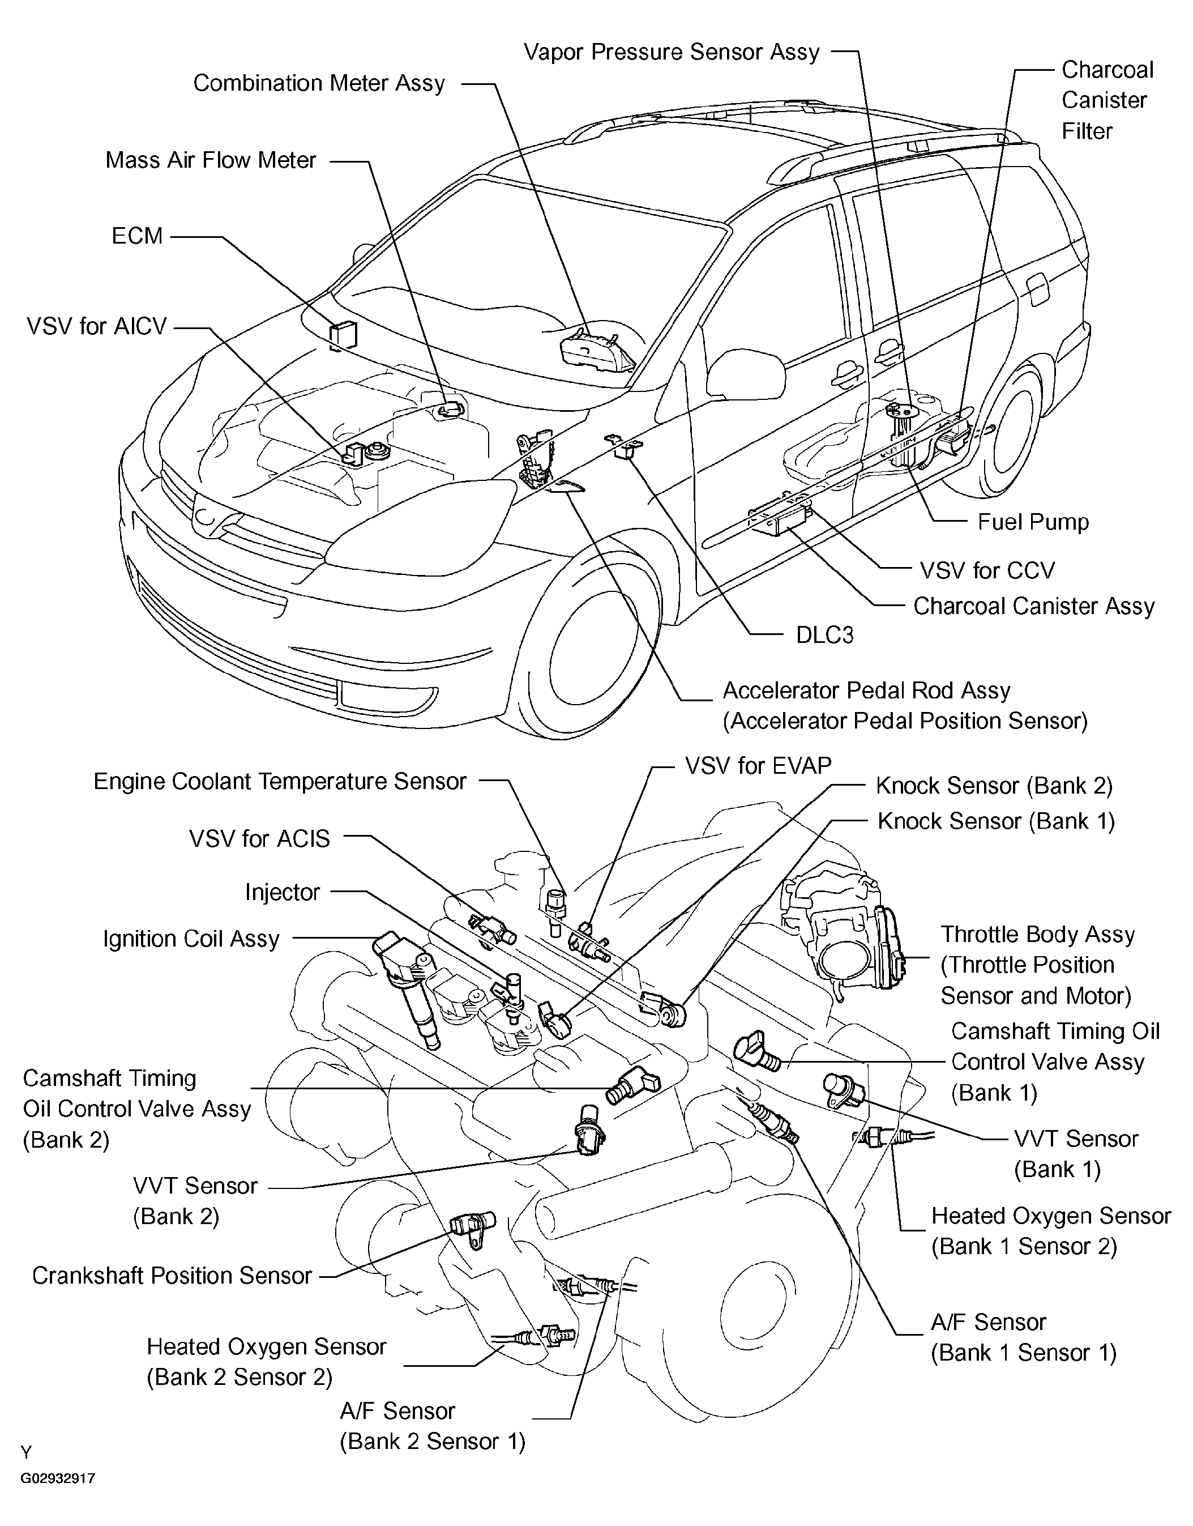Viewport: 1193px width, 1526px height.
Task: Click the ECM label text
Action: click(137, 236)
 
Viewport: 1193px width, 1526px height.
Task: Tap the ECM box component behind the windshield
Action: click(343, 335)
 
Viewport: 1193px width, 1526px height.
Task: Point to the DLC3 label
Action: click(825, 634)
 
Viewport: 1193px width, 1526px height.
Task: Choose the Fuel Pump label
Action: click(1033, 522)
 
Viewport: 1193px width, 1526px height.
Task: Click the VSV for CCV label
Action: click(987, 570)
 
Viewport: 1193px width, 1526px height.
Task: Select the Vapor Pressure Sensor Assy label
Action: click(671, 53)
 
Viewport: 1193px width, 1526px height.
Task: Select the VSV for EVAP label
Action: click(758, 766)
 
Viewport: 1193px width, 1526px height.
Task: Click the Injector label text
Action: click(282, 892)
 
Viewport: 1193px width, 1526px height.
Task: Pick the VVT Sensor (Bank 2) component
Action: click(589, 1130)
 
